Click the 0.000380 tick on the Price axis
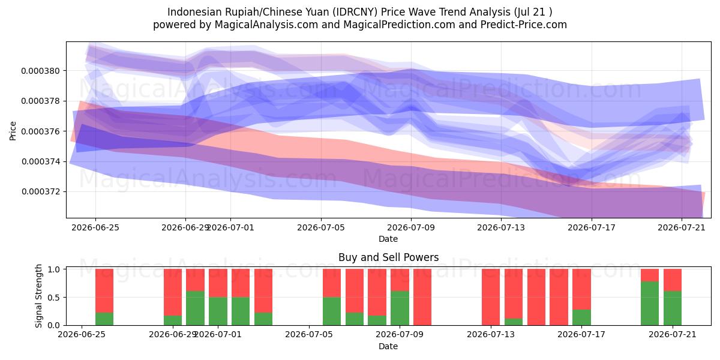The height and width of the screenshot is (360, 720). click(41, 71)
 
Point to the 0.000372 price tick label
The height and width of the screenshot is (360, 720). click(41, 192)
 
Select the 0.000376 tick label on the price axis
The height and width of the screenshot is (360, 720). click(41, 131)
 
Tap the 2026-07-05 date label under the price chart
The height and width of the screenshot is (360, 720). click(321, 227)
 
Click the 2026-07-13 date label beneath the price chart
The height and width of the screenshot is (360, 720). click(501, 227)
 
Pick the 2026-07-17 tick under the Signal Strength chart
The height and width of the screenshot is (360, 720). click(581, 334)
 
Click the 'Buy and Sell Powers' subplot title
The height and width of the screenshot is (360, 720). click(388, 257)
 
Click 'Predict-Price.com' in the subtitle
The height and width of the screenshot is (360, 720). click(524, 25)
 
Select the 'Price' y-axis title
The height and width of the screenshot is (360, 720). click(13, 131)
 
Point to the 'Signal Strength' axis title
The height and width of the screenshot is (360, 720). click(38, 296)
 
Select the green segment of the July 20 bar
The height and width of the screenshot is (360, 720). click(650, 304)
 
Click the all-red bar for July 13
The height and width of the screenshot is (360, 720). click(491, 297)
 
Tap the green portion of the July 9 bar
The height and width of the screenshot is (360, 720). click(400, 308)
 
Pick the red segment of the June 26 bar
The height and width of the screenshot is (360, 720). click(104, 291)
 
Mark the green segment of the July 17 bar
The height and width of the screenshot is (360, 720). click(581, 317)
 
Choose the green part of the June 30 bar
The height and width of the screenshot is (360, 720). click(195, 308)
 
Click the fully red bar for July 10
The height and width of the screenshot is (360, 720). click(422, 297)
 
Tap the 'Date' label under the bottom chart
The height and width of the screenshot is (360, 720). click(388, 347)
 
